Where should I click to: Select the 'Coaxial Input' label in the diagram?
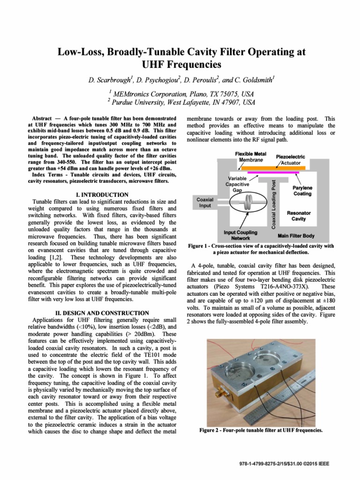pos(204,202)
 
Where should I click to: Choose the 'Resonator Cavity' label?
pos(299,216)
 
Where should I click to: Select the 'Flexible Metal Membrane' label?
pos(250,157)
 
